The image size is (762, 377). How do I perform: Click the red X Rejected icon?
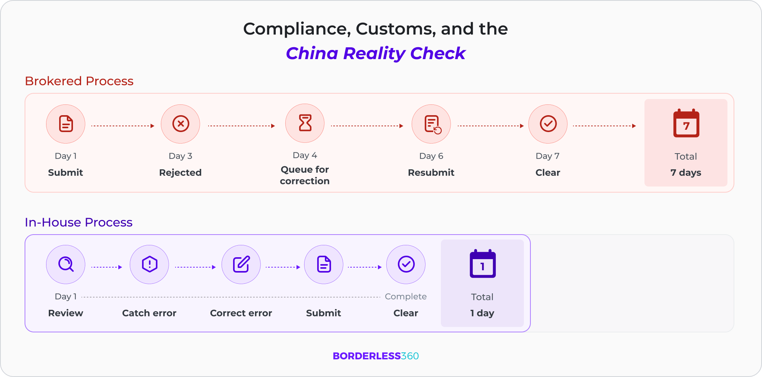click(181, 124)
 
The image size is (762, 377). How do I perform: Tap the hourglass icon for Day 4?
click(305, 123)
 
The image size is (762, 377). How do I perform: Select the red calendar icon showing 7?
click(686, 124)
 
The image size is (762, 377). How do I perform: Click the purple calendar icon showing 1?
click(482, 264)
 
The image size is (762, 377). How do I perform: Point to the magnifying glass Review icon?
click(66, 265)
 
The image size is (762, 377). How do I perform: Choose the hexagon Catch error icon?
click(149, 265)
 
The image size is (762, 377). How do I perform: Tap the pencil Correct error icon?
click(241, 265)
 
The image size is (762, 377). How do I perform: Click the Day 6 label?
click(431, 156)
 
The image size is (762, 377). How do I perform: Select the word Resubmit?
click(431, 173)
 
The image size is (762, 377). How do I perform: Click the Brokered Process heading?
click(79, 81)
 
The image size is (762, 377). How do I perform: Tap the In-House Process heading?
click(79, 222)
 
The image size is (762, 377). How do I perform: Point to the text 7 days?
click(686, 173)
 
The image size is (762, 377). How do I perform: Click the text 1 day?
click(482, 313)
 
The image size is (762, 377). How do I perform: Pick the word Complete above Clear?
click(406, 296)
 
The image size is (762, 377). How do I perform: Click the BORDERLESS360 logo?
click(376, 356)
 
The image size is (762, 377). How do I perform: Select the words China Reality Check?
click(376, 53)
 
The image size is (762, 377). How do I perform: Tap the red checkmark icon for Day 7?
click(548, 124)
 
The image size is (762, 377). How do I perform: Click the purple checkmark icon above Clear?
click(406, 265)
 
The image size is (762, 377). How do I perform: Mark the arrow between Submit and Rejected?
click(123, 126)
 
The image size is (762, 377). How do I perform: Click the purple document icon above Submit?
click(324, 265)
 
